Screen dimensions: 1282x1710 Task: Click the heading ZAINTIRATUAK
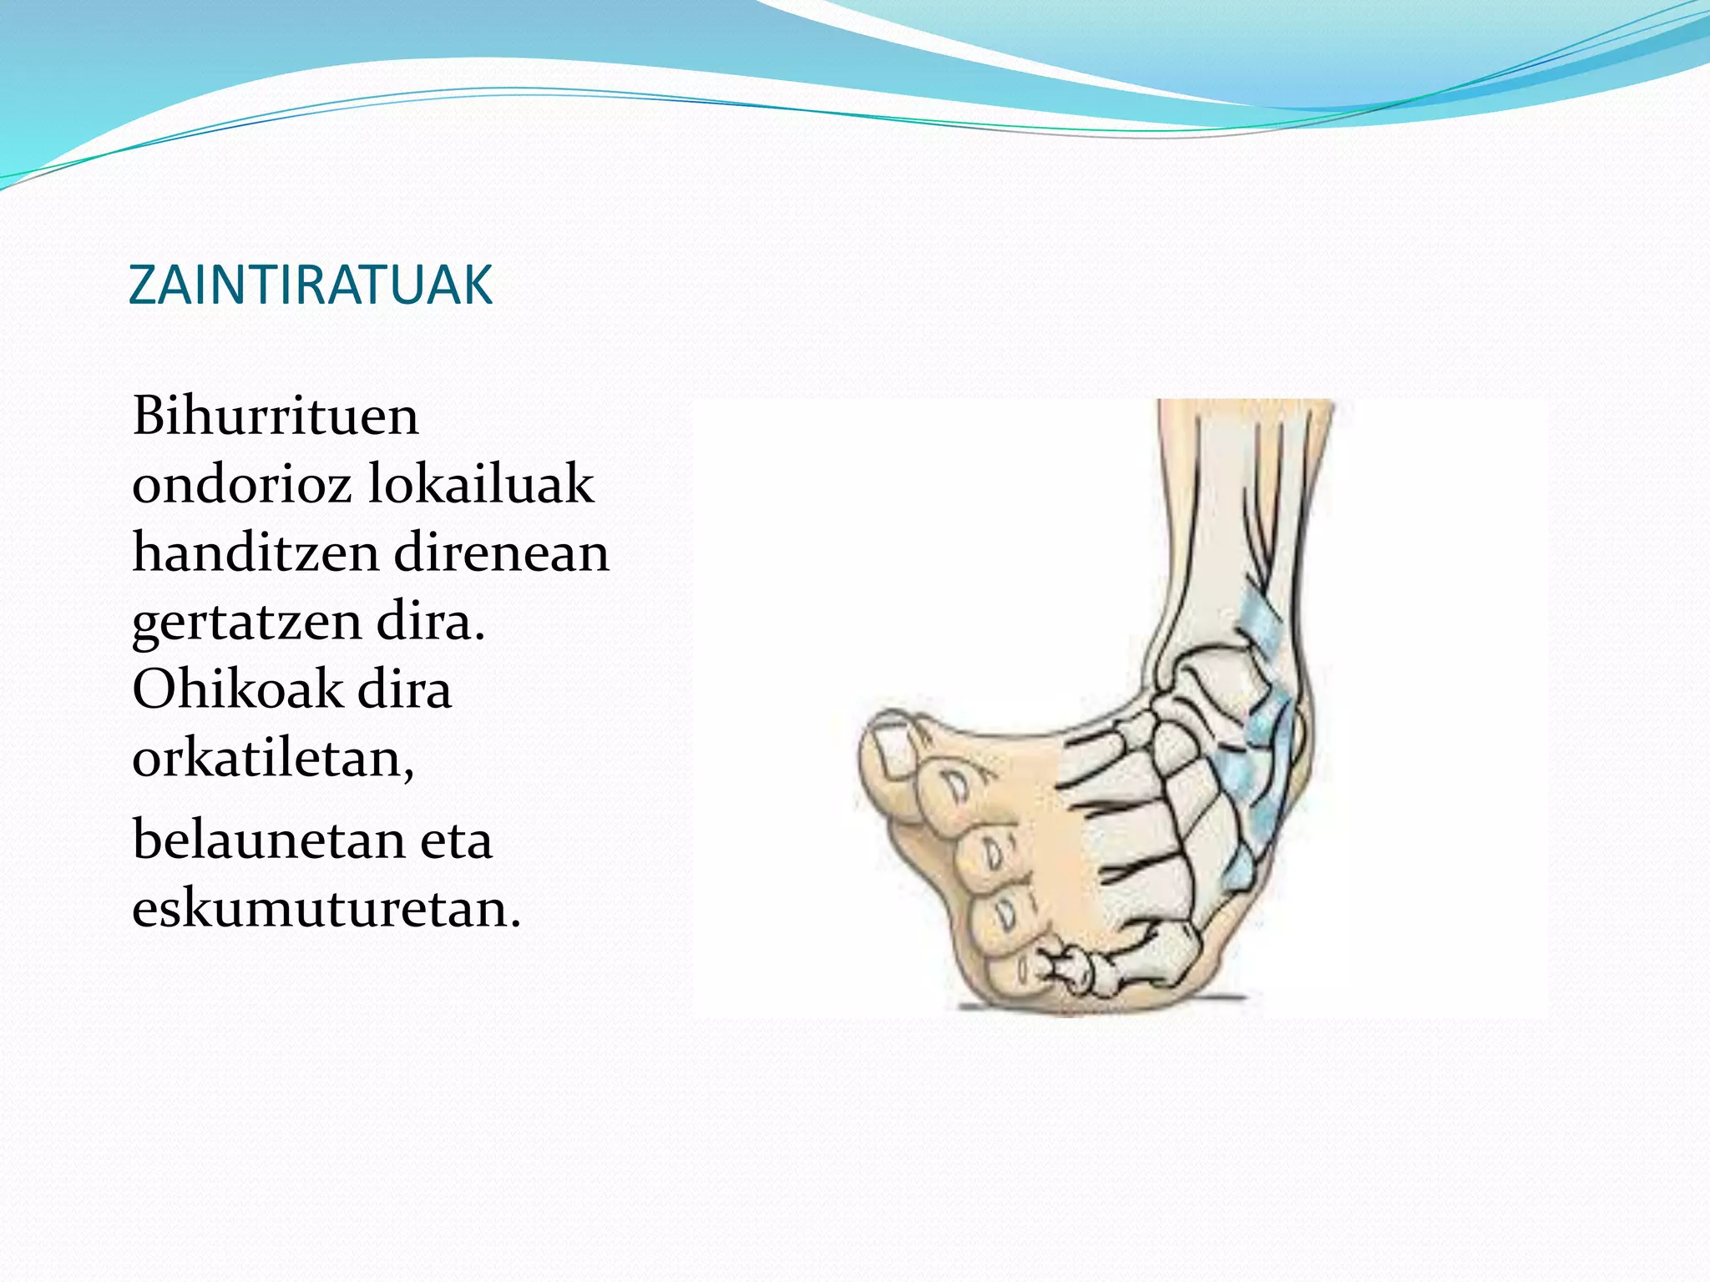click(311, 285)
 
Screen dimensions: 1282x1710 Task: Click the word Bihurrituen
click(276, 416)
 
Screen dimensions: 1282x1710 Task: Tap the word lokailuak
click(480, 484)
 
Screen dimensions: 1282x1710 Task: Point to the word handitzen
click(254, 553)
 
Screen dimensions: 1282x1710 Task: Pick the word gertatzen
click(246, 623)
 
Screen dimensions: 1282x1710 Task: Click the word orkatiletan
click(273, 759)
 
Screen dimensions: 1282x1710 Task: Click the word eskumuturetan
click(326, 908)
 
